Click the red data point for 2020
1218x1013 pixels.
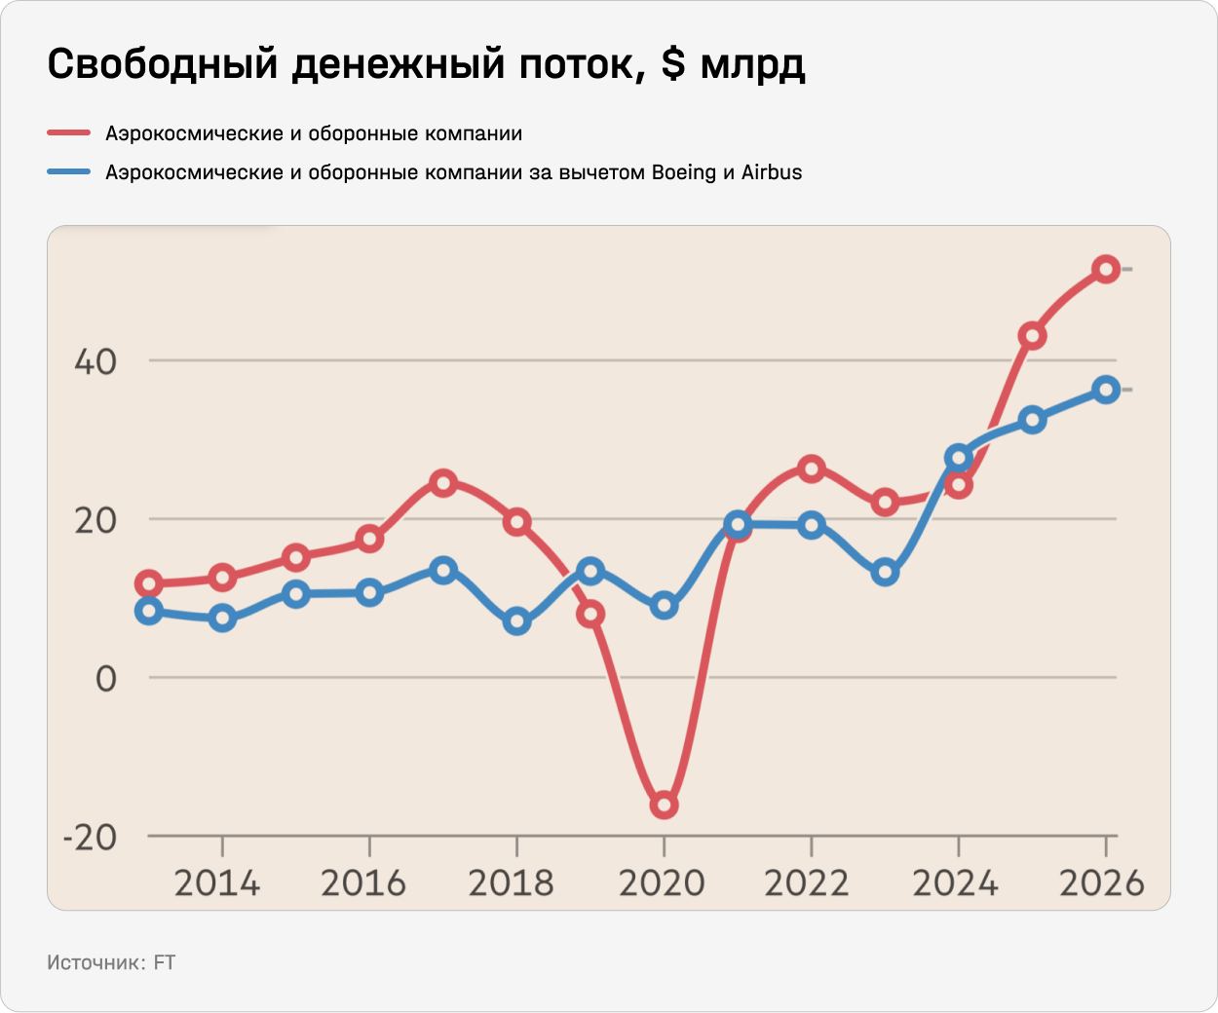(x=664, y=806)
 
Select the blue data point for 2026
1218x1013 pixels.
(x=1105, y=390)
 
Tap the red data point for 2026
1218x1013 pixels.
(x=1105, y=269)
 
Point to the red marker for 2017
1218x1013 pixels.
(x=443, y=482)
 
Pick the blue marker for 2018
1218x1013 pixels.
(x=517, y=621)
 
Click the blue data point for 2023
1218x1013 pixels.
(x=885, y=573)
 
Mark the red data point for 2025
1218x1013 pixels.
(x=1032, y=336)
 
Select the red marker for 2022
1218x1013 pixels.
(x=811, y=469)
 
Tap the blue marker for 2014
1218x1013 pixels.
(x=222, y=618)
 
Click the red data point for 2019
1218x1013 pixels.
(x=590, y=614)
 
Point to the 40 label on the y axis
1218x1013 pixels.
(x=95, y=362)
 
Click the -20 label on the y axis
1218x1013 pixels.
(x=89, y=837)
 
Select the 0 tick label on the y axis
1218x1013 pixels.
(x=106, y=679)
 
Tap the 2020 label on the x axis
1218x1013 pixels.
(x=662, y=883)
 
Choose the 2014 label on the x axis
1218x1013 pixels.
(x=217, y=883)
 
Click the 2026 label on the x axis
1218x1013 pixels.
(x=1102, y=883)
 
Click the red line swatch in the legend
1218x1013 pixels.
(x=69, y=132)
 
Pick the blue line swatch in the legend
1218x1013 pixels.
(x=69, y=172)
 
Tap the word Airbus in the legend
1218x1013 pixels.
(x=772, y=172)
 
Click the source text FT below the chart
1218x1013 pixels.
(x=165, y=962)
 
